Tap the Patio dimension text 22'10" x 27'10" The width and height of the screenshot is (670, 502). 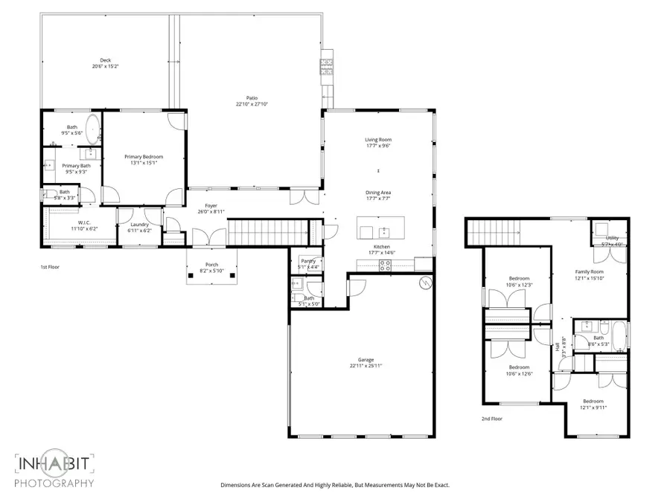tap(252, 104)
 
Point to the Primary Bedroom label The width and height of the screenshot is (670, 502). tap(143, 157)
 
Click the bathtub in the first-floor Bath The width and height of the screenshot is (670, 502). tap(93, 129)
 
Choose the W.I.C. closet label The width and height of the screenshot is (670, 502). tap(83, 222)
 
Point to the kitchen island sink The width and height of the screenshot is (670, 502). tap(385, 230)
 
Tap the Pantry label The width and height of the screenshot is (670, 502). tap(307, 261)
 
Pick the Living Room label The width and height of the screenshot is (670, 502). tap(378, 140)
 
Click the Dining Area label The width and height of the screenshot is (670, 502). tap(378, 193)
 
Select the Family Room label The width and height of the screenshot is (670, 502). tap(589, 272)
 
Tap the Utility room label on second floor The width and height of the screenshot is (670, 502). tap(611, 237)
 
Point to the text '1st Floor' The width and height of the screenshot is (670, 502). tap(51, 266)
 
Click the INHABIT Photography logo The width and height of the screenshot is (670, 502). tap(55, 469)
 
